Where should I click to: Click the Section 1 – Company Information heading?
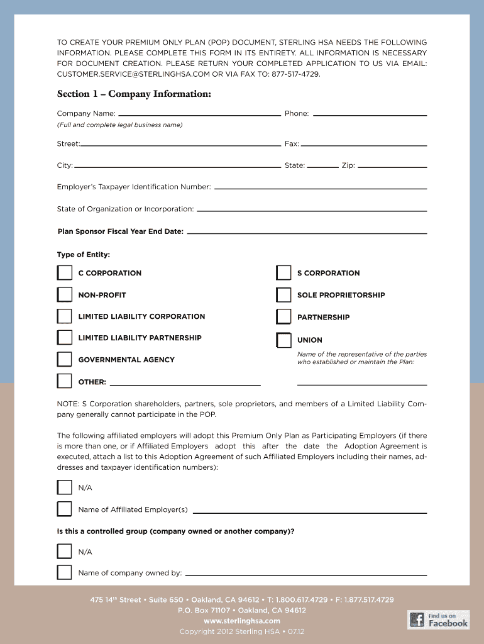click(x=134, y=94)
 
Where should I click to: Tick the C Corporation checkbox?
click(x=65, y=273)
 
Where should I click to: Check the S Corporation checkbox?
click(x=283, y=273)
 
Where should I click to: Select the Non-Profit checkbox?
click(x=65, y=294)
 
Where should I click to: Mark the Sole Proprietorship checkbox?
click(x=283, y=295)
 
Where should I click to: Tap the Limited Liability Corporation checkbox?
click(x=65, y=316)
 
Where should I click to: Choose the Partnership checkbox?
click(x=283, y=316)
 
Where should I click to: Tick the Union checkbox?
click(x=283, y=340)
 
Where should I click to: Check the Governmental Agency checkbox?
click(x=65, y=359)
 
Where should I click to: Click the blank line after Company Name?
click(x=199, y=114)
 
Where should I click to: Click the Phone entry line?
click(x=370, y=114)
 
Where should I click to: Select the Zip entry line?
click(x=392, y=167)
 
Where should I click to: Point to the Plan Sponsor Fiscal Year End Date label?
click(x=120, y=231)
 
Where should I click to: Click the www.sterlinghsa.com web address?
click(x=242, y=621)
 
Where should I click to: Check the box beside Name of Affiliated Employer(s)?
click(x=65, y=509)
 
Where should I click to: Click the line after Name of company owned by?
click(x=305, y=574)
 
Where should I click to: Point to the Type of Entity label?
click(x=84, y=255)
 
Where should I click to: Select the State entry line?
click(x=322, y=167)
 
